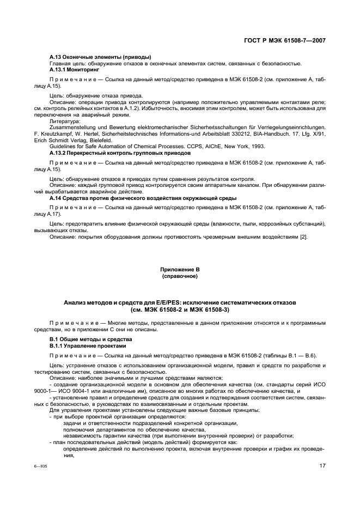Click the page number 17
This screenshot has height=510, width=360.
pos(322,466)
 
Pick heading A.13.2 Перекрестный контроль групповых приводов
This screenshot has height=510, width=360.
pos(120,153)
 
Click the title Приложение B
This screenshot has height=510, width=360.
pos(180,270)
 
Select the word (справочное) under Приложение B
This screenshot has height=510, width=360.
pos(180,276)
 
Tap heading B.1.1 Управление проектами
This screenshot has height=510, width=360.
pos(88,345)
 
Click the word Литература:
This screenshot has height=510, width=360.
pos(65,122)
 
